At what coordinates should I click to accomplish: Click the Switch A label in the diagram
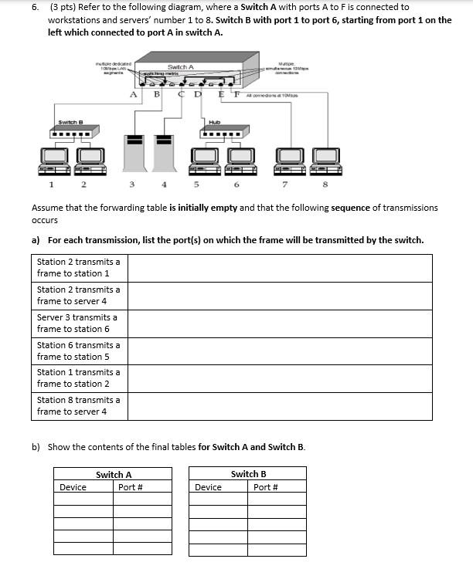click(180, 68)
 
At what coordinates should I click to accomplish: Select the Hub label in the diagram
click(214, 122)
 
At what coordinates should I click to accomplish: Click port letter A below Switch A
click(134, 95)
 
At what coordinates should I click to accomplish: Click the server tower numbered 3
click(134, 153)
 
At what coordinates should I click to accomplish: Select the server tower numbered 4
click(163, 153)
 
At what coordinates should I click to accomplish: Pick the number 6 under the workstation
click(236, 185)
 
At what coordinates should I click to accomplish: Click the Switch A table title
click(113, 474)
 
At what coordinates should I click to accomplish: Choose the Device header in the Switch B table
click(208, 487)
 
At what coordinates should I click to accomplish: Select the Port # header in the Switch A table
click(130, 487)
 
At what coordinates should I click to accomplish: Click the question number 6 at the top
click(36, 7)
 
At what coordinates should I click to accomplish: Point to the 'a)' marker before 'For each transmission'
click(36, 240)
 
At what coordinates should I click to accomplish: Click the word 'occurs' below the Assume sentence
click(45, 220)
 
